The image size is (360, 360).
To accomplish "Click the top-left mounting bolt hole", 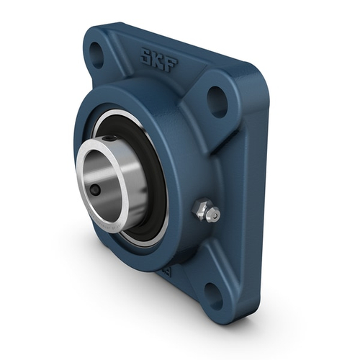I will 96,51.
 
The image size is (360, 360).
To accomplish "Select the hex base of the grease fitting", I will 201,210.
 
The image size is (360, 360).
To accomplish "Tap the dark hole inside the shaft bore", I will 96,190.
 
